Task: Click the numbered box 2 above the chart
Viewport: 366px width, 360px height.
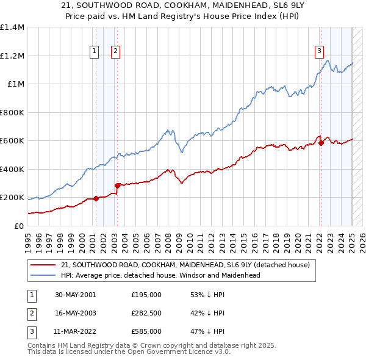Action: coord(115,52)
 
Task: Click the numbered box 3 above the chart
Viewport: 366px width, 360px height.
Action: coord(319,52)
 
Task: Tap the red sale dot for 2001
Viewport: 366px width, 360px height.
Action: coord(96,198)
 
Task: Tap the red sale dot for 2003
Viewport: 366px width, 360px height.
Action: coord(117,185)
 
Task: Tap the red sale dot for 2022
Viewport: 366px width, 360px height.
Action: coord(321,143)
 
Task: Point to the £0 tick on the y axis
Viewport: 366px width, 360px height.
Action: coord(19,226)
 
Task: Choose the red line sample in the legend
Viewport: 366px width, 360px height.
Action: coord(43,265)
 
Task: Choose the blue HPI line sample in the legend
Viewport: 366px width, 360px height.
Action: coord(43,275)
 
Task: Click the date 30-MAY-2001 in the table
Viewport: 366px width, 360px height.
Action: coord(75,295)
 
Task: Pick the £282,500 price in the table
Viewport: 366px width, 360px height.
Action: coord(146,313)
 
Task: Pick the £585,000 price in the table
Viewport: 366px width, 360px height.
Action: coord(146,331)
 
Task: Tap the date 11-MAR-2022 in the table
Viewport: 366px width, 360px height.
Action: coord(75,331)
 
